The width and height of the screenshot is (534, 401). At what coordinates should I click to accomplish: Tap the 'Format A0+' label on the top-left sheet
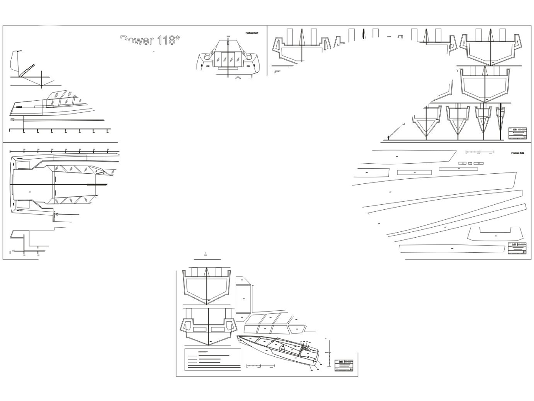click(252, 33)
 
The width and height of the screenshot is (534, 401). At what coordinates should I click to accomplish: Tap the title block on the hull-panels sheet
click(517, 248)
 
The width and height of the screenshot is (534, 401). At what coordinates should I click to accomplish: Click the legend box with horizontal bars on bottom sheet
click(213, 359)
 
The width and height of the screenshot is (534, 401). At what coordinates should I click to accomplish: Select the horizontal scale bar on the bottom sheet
click(261, 366)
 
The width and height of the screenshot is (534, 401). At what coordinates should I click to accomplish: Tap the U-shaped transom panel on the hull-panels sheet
click(495, 233)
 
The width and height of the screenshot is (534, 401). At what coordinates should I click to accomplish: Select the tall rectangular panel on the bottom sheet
click(243, 299)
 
